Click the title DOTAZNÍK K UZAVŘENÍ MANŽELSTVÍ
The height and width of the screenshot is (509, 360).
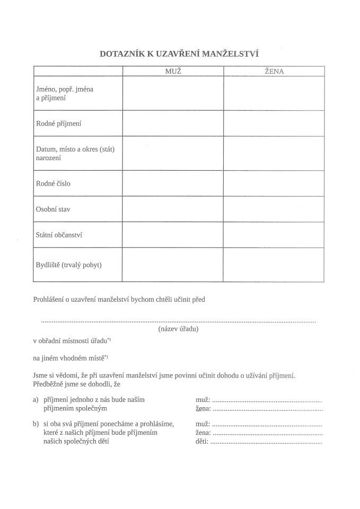(x=179, y=53)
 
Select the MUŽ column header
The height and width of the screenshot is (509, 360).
(x=173, y=71)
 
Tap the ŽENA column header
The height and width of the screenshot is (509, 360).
(x=274, y=71)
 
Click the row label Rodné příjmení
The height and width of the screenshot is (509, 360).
(x=58, y=124)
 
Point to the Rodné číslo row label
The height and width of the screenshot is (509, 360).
(x=53, y=183)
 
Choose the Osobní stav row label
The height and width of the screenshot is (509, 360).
(x=53, y=209)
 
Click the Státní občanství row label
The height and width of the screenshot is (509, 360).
(x=59, y=235)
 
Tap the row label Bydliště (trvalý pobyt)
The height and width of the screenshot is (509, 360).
(x=68, y=265)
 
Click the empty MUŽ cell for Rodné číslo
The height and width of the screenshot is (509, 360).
(x=173, y=183)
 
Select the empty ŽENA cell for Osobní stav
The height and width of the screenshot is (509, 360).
(x=274, y=209)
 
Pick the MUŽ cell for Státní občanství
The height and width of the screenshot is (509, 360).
(x=173, y=235)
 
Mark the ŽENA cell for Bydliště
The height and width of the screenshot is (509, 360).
(x=274, y=265)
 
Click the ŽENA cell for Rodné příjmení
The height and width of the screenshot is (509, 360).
(x=274, y=124)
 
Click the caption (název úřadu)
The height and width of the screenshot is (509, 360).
(x=178, y=329)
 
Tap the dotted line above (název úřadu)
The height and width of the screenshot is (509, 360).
(x=178, y=321)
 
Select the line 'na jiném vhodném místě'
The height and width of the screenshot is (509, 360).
(x=70, y=357)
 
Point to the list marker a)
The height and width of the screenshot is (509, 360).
(x=36, y=399)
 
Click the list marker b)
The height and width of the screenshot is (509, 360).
(x=36, y=424)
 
